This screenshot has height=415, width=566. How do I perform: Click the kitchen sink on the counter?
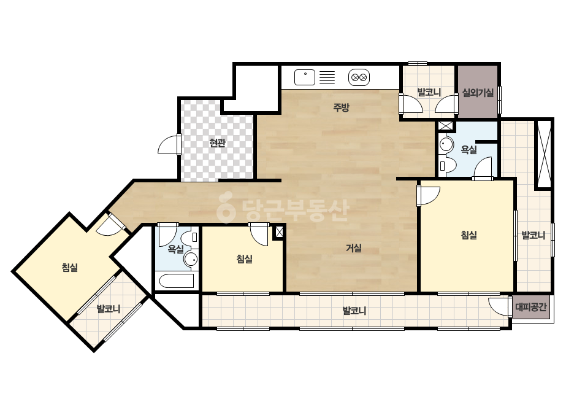point(305,77)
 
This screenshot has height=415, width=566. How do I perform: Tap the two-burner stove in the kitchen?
point(359,77)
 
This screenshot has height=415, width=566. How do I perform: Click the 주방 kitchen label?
point(341,107)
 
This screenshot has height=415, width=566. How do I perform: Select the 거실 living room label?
point(354,248)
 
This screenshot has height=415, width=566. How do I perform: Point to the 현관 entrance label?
point(217,143)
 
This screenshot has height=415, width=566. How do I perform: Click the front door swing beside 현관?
point(169,144)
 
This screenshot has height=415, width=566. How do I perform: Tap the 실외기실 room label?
point(478,93)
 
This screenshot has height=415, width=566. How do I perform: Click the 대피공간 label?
point(530,308)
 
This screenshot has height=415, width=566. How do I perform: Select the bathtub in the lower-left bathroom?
point(177,281)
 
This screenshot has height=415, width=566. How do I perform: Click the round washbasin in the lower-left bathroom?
point(190,259)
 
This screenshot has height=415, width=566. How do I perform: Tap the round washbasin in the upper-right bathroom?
point(446,145)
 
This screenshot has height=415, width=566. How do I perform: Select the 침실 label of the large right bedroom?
point(469,235)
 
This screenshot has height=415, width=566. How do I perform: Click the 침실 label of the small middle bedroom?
point(245,259)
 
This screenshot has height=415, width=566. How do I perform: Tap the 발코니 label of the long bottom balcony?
point(354,311)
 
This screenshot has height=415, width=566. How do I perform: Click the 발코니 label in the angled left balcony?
point(109,309)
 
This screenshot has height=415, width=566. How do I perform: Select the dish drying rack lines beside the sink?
point(327,77)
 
